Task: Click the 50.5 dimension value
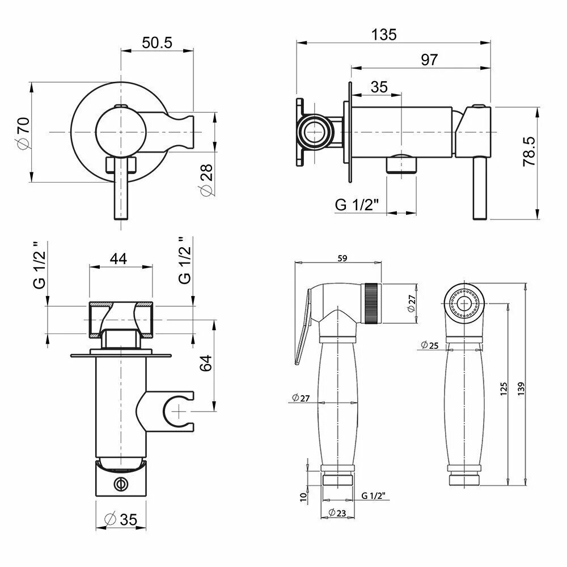click(x=156, y=42)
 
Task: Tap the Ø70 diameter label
click(x=22, y=133)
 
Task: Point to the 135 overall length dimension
click(x=384, y=34)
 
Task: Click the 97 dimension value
click(x=429, y=60)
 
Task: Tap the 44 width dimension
click(x=118, y=259)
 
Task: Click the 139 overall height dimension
click(x=521, y=387)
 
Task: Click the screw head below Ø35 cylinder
click(x=120, y=484)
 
